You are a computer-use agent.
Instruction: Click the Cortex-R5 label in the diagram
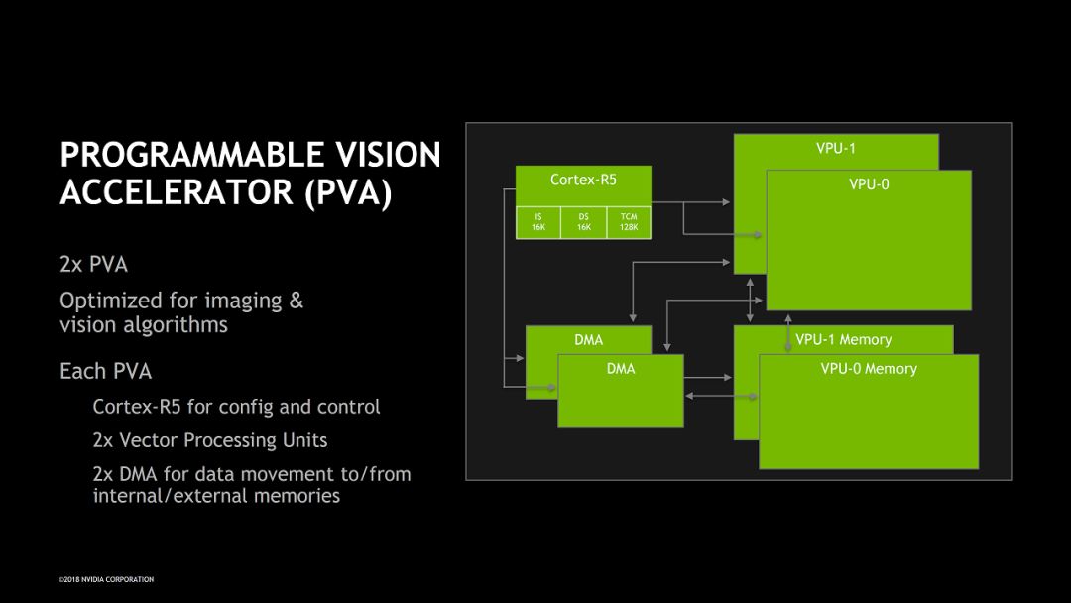coord(582,180)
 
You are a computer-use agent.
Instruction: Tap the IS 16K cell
coord(538,222)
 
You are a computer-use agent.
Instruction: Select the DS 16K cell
coord(583,222)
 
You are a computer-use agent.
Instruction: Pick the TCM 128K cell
coord(628,222)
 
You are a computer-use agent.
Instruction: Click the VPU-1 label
coord(835,149)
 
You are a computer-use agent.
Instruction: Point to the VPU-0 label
coord(869,183)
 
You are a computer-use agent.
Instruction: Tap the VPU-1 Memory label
coord(843,339)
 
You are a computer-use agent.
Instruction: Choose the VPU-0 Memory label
coord(869,369)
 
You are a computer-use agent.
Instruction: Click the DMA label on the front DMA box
coord(621,369)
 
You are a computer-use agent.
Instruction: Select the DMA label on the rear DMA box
coord(588,340)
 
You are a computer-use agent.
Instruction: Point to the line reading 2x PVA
coord(93,265)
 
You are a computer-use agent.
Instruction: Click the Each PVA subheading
coord(105,371)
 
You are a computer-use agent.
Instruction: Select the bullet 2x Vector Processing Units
coord(209,440)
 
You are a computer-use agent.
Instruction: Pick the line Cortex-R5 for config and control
coord(236,407)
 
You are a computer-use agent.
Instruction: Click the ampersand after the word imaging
coord(296,300)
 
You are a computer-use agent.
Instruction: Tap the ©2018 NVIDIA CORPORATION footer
coord(106,579)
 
